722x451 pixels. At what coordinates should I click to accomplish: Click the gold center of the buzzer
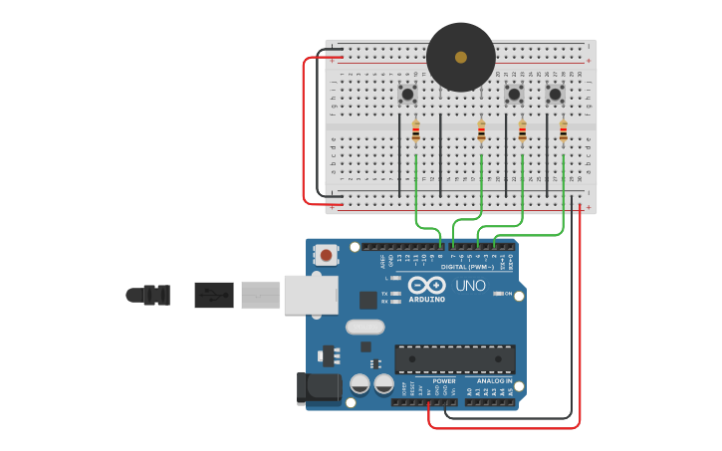[x=460, y=57]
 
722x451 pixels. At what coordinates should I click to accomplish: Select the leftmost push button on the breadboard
[x=407, y=95]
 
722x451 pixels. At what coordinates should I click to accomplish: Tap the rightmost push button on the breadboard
[x=555, y=95]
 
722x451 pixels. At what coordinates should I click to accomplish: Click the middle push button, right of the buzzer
[x=514, y=95]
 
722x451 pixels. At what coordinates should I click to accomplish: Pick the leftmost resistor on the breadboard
[x=415, y=131]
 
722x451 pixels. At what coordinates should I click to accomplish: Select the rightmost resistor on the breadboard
[x=563, y=131]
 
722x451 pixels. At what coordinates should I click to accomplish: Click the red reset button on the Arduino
[x=326, y=256]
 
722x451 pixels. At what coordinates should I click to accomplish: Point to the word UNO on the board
[x=470, y=286]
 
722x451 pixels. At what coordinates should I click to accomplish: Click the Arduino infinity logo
[x=426, y=285]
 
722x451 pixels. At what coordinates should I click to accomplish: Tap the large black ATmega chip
[x=455, y=359]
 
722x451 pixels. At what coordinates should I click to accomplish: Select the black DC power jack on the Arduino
[x=318, y=388]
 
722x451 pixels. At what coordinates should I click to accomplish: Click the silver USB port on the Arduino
[x=310, y=295]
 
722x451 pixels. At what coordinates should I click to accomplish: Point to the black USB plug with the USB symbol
[x=213, y=295]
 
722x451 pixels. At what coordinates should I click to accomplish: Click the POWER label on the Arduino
[x=444, y=380]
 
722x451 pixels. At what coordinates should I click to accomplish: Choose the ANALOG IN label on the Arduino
[x=494, y=380]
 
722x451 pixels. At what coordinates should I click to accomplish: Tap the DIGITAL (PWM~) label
[x=466, y=267]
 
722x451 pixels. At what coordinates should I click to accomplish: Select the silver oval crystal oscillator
[x=364, y=327]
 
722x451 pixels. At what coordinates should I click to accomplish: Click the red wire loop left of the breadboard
[x=305, y=129]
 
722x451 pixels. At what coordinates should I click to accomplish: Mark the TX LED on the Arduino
[x=397, y=294]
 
